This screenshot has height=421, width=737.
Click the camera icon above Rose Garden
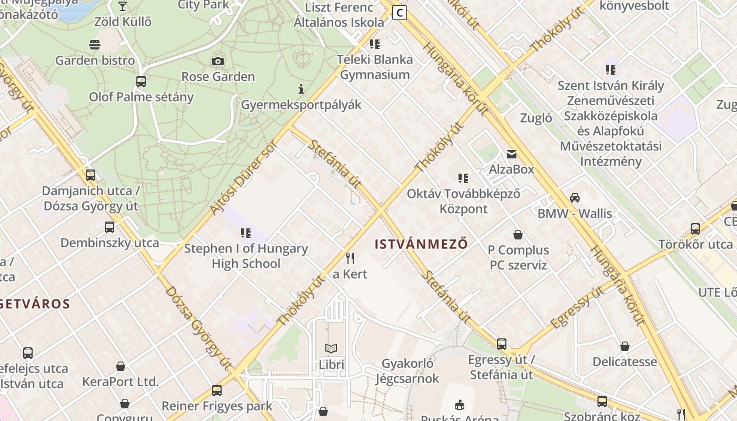coord(218,61)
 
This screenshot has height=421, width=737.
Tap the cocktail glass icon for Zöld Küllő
coord(123,6)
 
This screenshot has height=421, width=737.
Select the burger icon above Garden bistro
coord(95,45)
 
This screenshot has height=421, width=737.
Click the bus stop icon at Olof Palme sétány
coord(141,82)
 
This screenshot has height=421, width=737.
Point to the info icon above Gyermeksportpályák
coord(301,89)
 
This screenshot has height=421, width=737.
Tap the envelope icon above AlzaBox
coord(511,154)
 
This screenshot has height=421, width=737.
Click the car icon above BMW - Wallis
coord(574,198)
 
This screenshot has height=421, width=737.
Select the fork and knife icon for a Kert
coord(350,258)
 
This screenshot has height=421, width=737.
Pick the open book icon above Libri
coord(331,348)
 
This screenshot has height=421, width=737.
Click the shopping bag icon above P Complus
coord(518,235)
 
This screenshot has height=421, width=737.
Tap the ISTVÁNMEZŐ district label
coord(421,244)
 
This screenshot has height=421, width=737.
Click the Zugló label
coord(536,118)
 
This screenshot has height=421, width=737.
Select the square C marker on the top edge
coord(400,13)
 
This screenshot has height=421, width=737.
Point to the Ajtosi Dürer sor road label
coord(243,178)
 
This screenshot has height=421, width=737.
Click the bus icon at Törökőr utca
coord(695,229)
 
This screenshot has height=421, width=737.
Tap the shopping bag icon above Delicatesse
coord(624,346)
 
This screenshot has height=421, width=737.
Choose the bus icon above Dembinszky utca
coord(109,227)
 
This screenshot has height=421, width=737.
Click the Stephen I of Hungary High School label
coord(246,256)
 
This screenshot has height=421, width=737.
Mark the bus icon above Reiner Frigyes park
coord(216,390)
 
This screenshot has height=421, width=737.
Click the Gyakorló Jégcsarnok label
coord(407,371)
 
